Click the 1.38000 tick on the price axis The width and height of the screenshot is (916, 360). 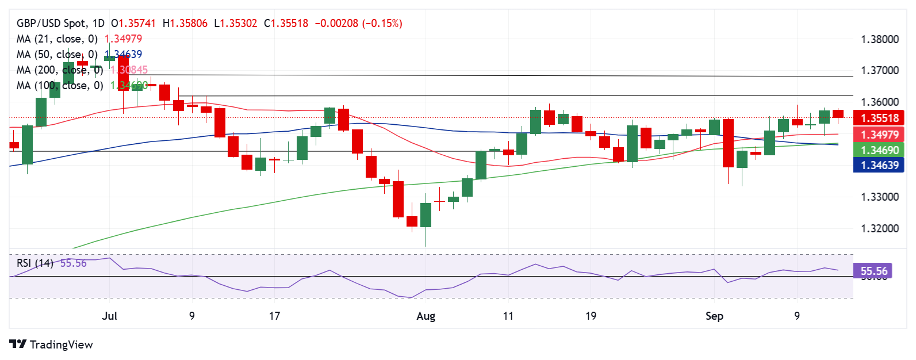(879, 40)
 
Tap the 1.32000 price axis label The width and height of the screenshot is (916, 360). (879, 228)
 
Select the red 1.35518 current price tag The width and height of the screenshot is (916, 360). (879, 118)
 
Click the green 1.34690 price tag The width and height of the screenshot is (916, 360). (879, 150)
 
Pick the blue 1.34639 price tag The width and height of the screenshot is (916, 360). (879, 166)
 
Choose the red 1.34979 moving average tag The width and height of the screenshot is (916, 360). (879, 135)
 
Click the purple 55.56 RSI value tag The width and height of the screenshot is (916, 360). (873, 271)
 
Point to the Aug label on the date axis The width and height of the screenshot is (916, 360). (426, 316)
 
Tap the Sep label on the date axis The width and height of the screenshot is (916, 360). (714, 316)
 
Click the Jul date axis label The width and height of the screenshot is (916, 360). (109, 316)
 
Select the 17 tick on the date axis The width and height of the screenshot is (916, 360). (274, 316)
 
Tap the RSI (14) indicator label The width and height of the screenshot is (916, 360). (35, 263)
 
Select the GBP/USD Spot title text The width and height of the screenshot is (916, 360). (52, 24)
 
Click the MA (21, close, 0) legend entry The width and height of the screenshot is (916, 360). (57, 39)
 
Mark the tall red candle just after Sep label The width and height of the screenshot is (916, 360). (728, 143)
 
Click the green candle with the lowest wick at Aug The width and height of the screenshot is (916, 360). (426, 216)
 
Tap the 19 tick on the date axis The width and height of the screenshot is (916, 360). (591, 316)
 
